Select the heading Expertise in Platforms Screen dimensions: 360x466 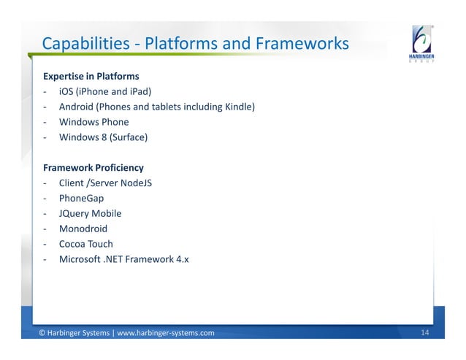[x=91, y=76]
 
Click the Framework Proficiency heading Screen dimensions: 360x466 [x=93, y=167]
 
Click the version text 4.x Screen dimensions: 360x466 [x=181, y=259]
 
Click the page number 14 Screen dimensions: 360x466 [x=426, y=334]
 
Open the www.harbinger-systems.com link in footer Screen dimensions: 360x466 [x=166, y=334]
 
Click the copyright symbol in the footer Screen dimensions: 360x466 [x=42, y=334]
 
